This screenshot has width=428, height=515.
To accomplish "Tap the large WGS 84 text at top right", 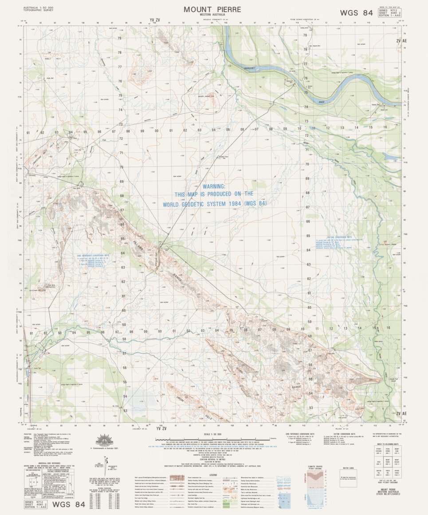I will pos(356,13).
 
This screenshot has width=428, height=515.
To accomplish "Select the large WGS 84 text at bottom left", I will pos(68,504).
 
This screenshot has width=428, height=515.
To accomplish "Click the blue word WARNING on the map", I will pos(214,187).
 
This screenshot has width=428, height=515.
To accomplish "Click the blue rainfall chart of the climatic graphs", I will pos(316,499).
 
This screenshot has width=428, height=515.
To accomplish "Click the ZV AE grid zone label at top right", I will pos(401,40).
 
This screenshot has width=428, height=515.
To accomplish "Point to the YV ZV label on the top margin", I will pos(154,20).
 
